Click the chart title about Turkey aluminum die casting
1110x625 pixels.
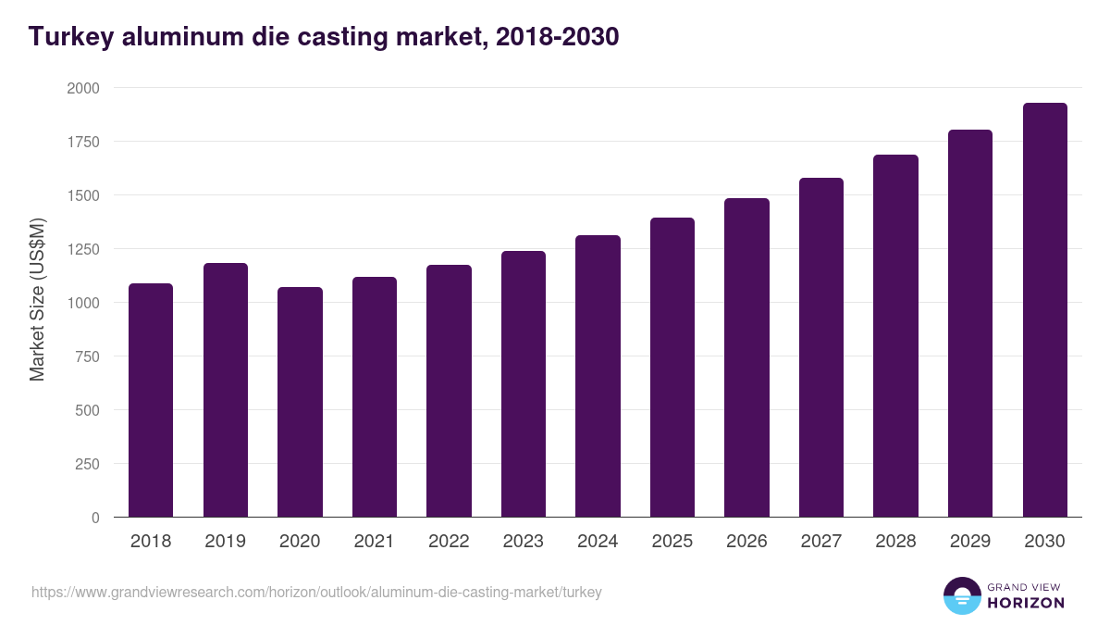point(324,37)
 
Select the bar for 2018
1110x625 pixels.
point(151,400)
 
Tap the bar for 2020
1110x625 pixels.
point(300,402)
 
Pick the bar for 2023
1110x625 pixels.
point(524,384)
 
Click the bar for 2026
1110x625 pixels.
point(746,357)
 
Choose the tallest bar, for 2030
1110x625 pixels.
point(1044,310)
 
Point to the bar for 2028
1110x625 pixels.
point(895,336)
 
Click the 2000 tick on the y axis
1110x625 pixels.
point(83,88)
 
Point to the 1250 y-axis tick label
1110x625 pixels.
point(83,249)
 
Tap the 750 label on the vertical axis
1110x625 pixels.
point(88,356)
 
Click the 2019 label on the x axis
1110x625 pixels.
point(226,542)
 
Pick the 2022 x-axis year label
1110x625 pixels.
point(449,542)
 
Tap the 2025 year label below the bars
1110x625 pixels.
point(672,542)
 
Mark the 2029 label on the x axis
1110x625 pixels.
point(970,542)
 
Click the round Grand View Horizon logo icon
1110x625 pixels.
point(962,595)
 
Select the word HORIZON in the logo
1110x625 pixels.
point(1026,603)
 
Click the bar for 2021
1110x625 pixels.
point(375,397)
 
